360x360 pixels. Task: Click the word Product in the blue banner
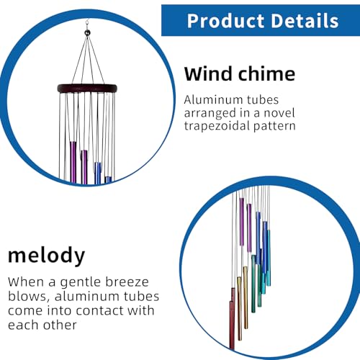pyautogui.click(x=226, y=21)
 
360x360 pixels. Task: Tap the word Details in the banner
pyautogui.click(x=305, y=21)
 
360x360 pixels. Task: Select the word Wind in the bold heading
pyautogui.click(x=208, y=73)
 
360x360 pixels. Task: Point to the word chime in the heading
pyautogui.click(x=266, y=73)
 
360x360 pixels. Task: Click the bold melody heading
pyautogui.click(x=47, y=256)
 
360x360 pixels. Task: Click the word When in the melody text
pyautogui.click(x=26, y=282)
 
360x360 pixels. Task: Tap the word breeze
pyautogui.click(x=127, y=282)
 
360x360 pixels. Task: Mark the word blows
pyautogui.click(x=27, y=297)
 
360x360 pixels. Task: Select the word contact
pyautogui.click(x=99, y=311)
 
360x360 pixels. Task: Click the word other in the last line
pyautogui.click(x=60, y=325)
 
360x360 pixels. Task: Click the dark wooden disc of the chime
pyautogui.click(x=87, y=88)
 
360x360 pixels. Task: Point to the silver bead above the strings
pyautogui.click(x=88, y=32)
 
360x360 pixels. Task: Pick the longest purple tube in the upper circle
pyautogui.click(x=73, y=163)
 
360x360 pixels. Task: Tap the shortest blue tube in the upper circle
pyautogui.click(x=108, y=179)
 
